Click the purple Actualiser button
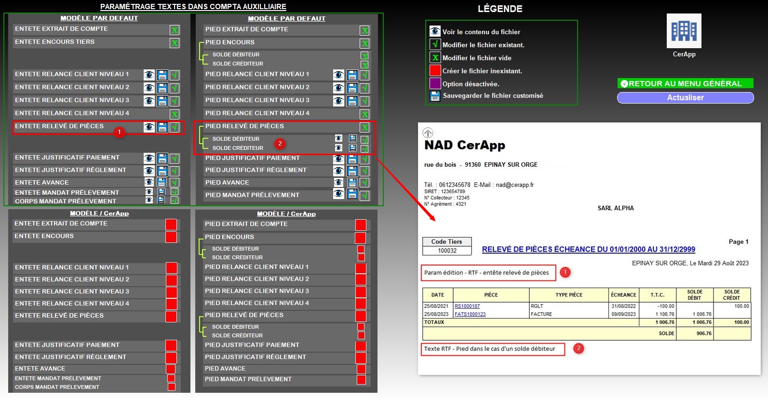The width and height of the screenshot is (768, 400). (x=685, y=98)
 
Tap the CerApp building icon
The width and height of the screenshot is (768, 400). (x=684, y=31)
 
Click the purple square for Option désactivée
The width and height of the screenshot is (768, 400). (x=435, y=84)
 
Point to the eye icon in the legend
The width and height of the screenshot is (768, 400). (x=435, y=31)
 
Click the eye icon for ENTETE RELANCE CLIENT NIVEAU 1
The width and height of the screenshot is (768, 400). (x=149, y=75)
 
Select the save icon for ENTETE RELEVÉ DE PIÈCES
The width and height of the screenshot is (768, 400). (x=162, y=127)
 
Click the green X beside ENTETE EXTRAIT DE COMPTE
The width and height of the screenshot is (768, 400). (x=175, y=30)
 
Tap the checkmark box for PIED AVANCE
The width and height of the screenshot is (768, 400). (x=364, y=183)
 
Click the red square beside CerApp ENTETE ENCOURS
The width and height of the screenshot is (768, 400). (x=171, y=237)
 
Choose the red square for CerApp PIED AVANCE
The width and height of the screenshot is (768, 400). (x=361, y=369)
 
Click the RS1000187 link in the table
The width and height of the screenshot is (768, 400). (x=467, y=306)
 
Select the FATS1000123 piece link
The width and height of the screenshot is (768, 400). (x=470, y=314)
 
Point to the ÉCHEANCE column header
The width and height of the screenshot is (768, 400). (x=623, y=295)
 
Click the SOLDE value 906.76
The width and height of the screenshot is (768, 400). (x=704, y=333)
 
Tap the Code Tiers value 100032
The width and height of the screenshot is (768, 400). (x=447, y=251)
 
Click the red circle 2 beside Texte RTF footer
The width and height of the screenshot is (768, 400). (x=579, y=348)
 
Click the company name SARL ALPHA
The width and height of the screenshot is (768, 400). (x=616, y=208)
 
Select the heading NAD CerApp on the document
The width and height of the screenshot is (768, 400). (x=465, y=145)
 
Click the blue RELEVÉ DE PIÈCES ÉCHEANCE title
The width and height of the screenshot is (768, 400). (x=588, y=250)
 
